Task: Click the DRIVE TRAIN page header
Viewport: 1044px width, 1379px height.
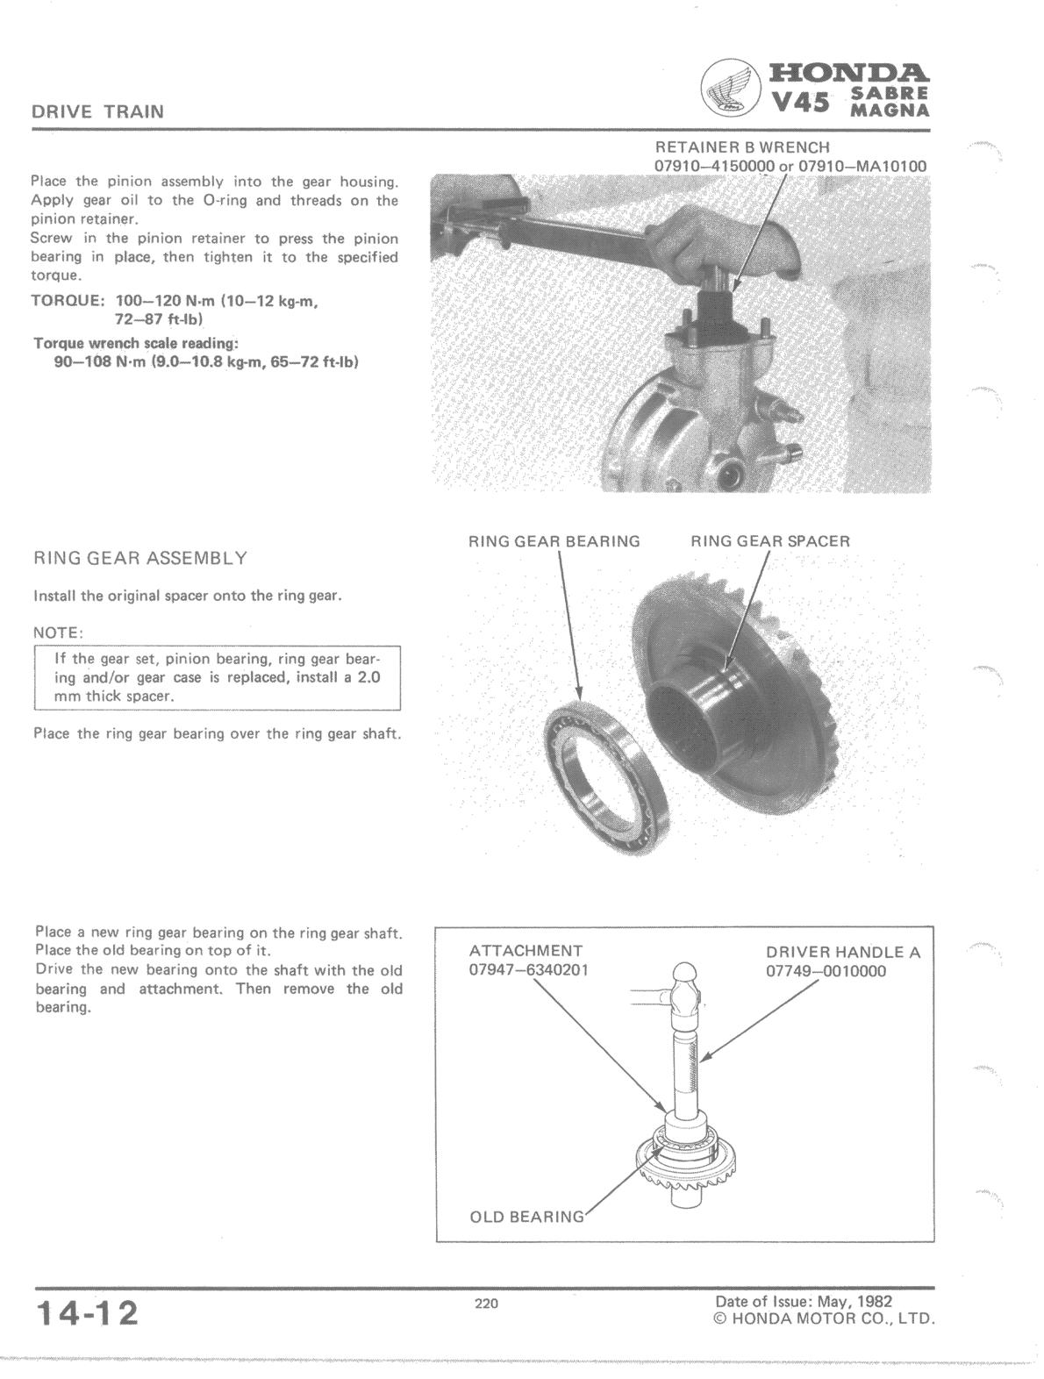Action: tap(97, 112)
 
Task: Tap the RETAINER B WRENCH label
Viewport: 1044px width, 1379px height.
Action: tap(741, 147)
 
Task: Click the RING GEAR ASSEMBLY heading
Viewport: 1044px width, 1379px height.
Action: tap(140, 559)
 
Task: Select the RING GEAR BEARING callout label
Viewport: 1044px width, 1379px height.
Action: tap(554, 541)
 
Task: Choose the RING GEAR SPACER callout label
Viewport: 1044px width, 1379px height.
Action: tap(770, 541)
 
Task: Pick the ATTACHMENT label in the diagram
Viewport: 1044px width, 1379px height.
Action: tap(526, 951)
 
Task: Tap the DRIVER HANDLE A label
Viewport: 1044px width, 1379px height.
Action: tap(843, 952)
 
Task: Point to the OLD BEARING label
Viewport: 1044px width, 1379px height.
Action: tap(526, 1217)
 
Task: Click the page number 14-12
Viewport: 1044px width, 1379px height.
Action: tap(87, 1314)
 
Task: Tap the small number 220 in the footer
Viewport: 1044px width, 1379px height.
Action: tap(486, 1304)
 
